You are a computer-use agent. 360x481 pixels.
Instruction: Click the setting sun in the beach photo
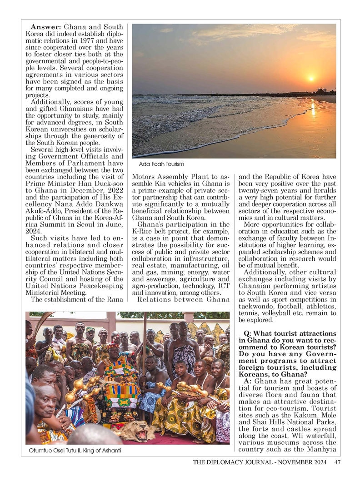[x=311, y=78]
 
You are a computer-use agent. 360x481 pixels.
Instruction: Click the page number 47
[x=337, y=463]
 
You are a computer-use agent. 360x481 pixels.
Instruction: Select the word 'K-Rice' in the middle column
[x=141, y=232]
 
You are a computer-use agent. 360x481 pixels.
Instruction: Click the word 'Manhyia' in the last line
[x=322, y=450]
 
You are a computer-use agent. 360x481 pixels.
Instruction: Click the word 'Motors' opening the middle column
[x=143, y=176]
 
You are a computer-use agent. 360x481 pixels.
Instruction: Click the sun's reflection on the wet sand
[x=312, y=109]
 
